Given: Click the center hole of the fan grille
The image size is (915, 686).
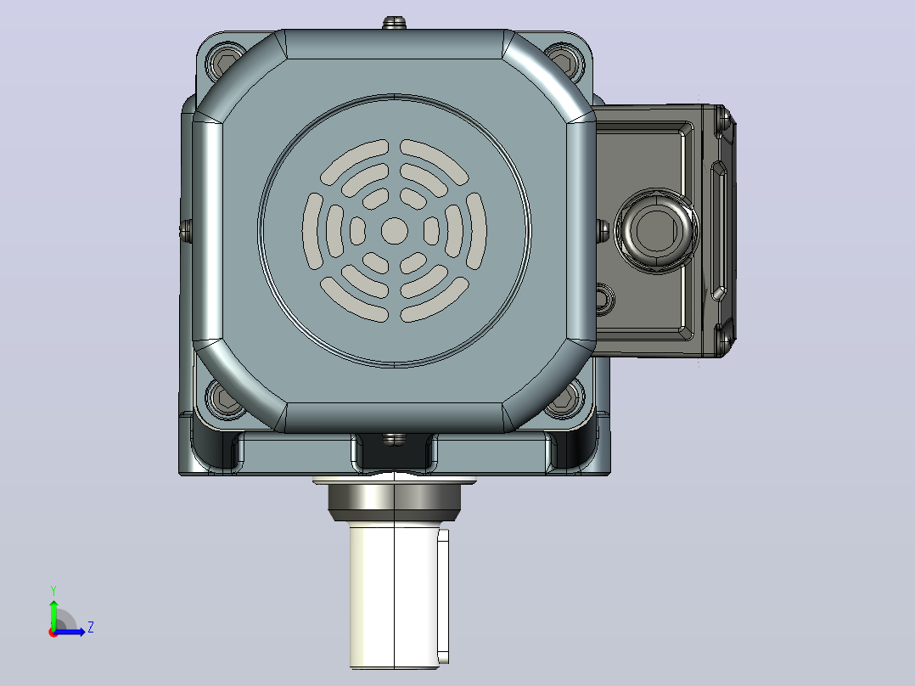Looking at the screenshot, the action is click(x=395, y=231).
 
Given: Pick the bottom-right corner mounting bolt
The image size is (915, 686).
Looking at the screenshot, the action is click(x=564, y=400).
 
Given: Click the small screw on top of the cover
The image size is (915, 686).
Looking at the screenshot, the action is click(x=395, y=24).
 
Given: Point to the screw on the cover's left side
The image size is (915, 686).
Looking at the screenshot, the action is click(x=186, y=231).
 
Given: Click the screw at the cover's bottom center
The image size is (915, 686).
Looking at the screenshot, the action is click(x=395, y=439).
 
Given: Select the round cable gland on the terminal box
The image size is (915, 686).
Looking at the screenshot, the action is click(x=657, y=230).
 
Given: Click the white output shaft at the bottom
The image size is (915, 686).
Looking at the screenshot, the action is click(x=395, y=595).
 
